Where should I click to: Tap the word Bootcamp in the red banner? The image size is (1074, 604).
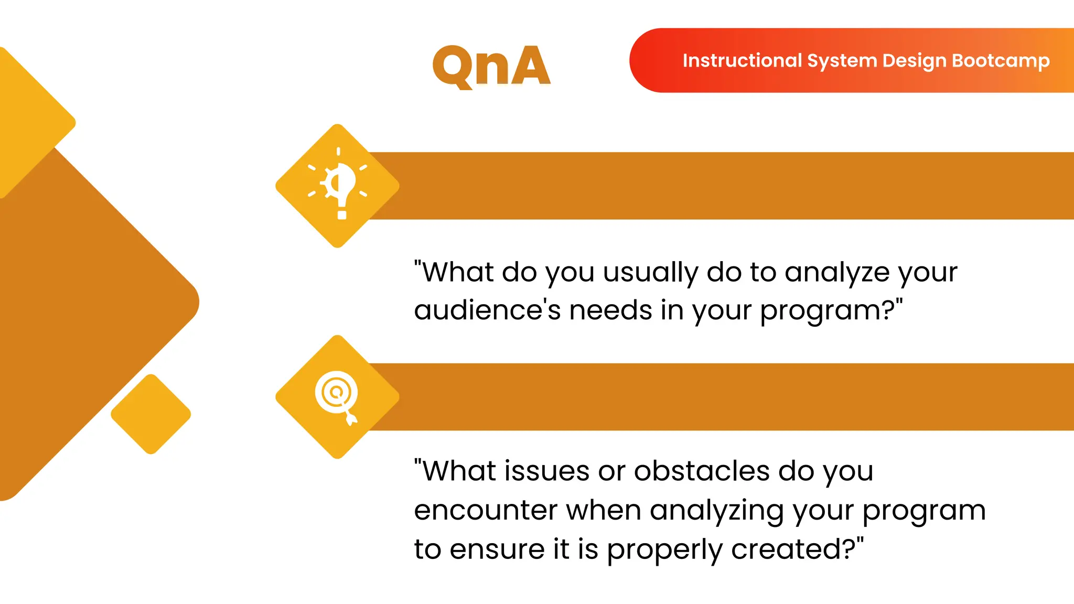[x=1001, y=61]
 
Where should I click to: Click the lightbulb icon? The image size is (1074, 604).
[x=338, y=185]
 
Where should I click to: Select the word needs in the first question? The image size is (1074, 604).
[x=610, y=310]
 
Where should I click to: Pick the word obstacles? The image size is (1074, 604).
[x=702, y=471]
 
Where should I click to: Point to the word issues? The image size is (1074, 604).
[x=547, y=471]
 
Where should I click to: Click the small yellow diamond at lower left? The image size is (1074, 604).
[x=151, y=414]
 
